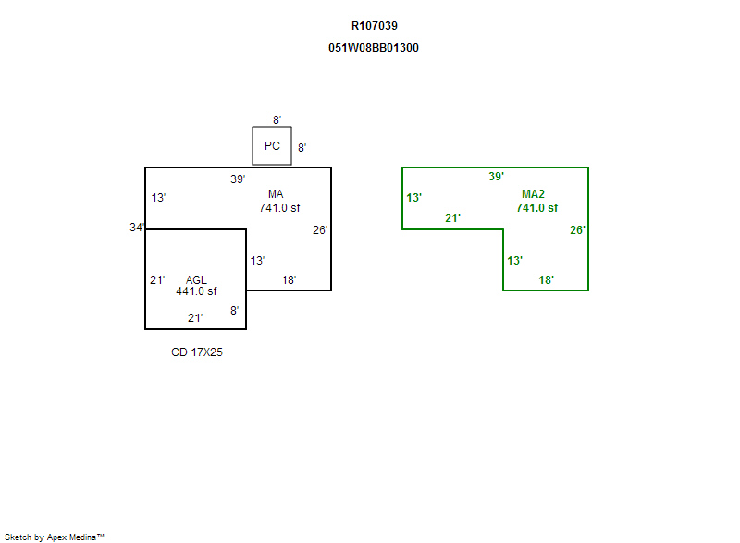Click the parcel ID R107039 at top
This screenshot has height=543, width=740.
pyautogui.click(x=374, y=26)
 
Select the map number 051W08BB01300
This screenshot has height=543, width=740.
pyautogui.click(x=374, y=48)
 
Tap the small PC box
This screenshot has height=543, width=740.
pyautogui.click(x=272, y=146)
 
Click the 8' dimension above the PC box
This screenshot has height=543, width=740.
pyautogui.click(x=277, y=120)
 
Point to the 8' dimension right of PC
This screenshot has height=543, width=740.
pyautogui.click(x=302, y=148)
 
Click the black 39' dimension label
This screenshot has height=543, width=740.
pyautogui.click(x=238, y=179)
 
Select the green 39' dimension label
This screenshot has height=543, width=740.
pyautogui.click(x=496, y=177)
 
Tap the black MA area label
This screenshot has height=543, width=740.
pyautogui.click(x=276, y=194)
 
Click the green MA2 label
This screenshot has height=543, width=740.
pyautogui.click(x=533, y=194)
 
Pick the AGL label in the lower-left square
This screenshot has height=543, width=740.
pyautogui.click(x=196, y=279)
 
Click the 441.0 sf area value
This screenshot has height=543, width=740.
pyautogui.click(x=196, y=291)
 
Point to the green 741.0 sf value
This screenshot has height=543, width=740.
pyautogui.click(x=536, y=208)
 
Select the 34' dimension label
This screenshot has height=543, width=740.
pyautogui.click(x=138, y=228)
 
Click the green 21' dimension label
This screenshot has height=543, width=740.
pyautogui.click(x=452, y=218)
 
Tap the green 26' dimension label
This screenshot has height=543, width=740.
pyautogui.click(x=577, y=230)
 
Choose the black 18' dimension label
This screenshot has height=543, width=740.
pyautogui.click(x=289, y=280)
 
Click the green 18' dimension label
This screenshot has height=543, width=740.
pyautogui.click(x=546, y=279)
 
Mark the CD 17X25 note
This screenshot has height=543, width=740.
pyautogui.click(x=197, y=352)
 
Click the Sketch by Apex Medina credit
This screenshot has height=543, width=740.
pyautogui.click(x=55, y=537)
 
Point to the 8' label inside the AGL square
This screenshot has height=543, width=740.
pyautogui.click(x=234, y=311)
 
